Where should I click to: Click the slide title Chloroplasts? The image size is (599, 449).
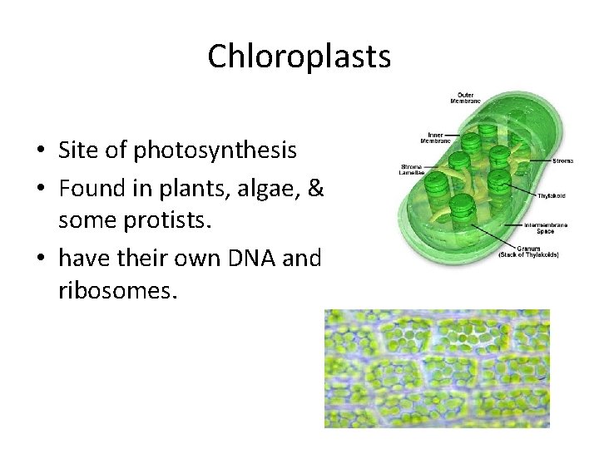[299, 57]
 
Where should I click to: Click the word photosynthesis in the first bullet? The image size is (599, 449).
[215, 150]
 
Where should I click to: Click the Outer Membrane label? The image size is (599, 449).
[466, 97]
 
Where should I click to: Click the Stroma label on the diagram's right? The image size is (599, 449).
[563, 160]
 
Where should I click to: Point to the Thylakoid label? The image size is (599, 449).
[551, 195]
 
